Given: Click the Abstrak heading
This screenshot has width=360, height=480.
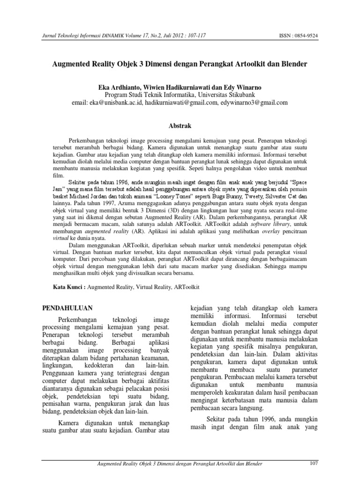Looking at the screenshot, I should point(180,126).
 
